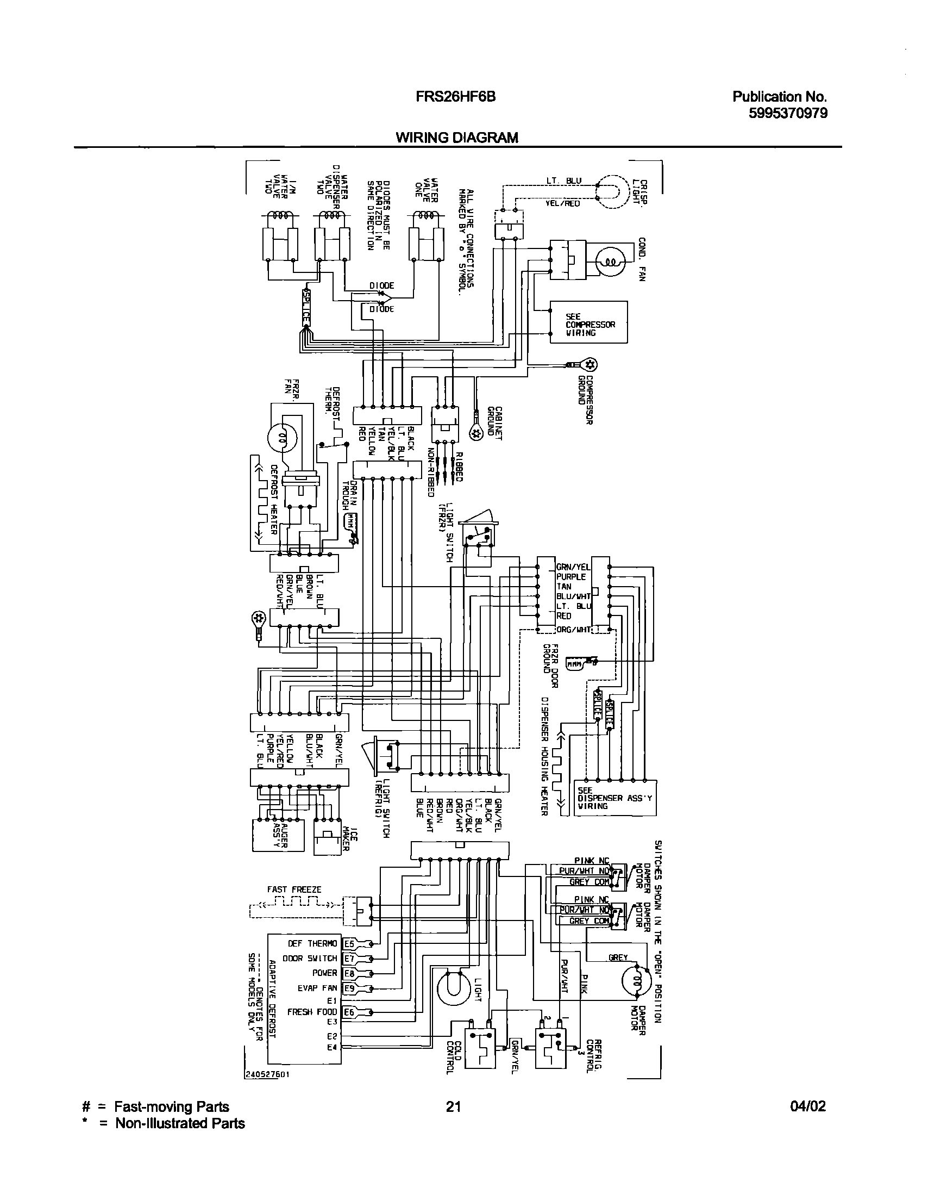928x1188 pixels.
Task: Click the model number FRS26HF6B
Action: point(455,97)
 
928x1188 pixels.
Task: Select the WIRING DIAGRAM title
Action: point(456,138)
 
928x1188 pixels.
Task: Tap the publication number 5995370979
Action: point(787,113)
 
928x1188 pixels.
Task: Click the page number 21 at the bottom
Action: point(453,1106)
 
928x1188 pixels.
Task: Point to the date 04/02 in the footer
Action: point(808,1106)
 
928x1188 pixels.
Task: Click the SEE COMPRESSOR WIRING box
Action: point(588,322)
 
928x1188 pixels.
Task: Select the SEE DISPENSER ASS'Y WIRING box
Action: point(615,798)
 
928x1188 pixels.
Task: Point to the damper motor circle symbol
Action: point(636,981)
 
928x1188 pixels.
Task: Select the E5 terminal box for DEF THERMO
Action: point(349,944)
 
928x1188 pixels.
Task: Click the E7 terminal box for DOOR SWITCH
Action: point(349,959)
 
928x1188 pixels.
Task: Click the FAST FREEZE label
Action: point(294,890)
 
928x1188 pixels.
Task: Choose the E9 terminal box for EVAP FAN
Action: point(349,988)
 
